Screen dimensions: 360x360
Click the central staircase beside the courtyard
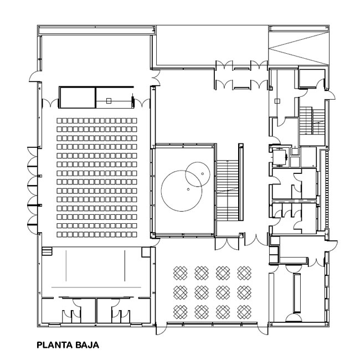[228, 191]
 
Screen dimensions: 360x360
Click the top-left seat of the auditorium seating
[59, 121]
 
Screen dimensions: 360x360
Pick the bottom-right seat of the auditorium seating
[135, 234]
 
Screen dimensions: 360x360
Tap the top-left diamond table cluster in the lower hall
[180, 273]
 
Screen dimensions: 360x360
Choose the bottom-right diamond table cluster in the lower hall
[244, 312]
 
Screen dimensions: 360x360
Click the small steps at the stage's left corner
[47, 251]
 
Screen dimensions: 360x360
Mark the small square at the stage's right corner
[146, 252]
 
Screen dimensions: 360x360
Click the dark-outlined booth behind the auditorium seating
[77, 97]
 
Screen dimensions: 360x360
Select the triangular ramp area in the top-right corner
[299, 48]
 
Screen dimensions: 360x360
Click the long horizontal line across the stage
[96, 287]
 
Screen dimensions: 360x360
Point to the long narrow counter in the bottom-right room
[297, 293]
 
